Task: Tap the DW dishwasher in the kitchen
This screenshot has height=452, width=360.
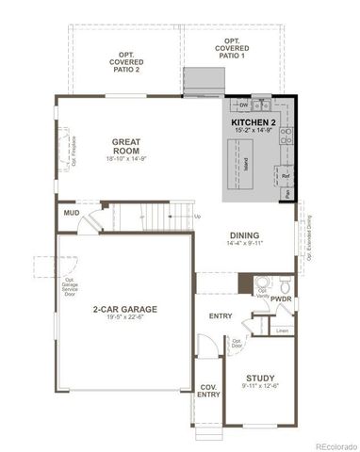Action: coord(243,105)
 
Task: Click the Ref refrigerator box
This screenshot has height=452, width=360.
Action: coord(285,175)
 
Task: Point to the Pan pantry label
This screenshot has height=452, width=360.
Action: coord(287,195)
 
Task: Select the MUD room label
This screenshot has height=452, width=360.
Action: coord(70,214)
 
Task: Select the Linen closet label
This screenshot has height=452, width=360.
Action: coord(282,330)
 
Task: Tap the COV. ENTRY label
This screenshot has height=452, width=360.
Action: coord(208,390)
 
